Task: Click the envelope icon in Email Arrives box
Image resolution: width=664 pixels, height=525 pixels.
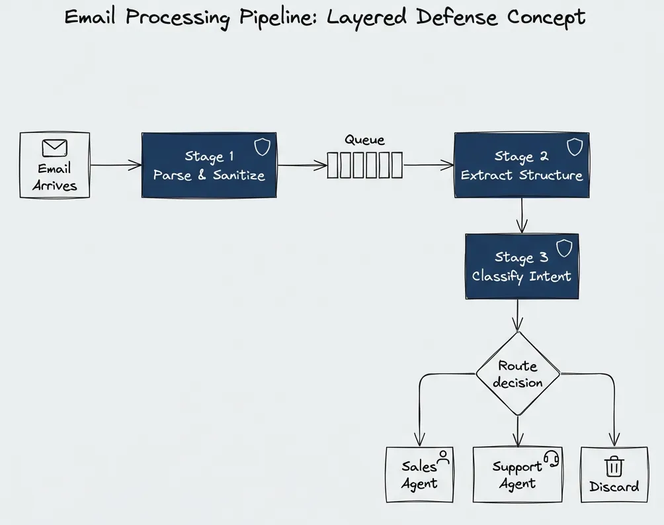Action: [54, 148]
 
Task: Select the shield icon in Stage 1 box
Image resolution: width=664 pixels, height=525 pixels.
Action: [263, 147]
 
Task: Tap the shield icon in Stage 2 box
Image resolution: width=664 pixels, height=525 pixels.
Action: [575, 147]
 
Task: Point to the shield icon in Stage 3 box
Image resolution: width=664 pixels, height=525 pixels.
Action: [563, 248]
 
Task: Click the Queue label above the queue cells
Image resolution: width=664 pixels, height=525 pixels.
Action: [364, 140]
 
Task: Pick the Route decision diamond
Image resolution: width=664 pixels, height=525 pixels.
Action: [518, 374]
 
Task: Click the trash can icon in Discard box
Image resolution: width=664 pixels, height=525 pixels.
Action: [614, 466]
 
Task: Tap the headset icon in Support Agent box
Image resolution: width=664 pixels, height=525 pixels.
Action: [551, 458]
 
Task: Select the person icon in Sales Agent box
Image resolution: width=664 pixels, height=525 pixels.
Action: [443, 456]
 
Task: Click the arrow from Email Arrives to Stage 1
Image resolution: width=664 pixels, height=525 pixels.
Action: [115, 165]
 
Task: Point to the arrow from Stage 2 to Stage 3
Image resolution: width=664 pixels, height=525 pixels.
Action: [522, 215]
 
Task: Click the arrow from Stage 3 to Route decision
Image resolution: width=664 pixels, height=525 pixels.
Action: [518, 315]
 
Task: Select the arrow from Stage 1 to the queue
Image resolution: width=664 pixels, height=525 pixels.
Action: [302, 166]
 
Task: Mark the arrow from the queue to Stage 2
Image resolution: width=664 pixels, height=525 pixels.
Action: [428, 165]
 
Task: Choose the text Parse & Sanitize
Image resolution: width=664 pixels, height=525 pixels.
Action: [209, 175]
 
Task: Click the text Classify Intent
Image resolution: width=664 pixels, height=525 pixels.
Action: [521, 276]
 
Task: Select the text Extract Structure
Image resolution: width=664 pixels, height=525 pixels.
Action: [521, 175]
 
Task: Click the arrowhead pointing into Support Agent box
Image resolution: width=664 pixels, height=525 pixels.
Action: [518, 440]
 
